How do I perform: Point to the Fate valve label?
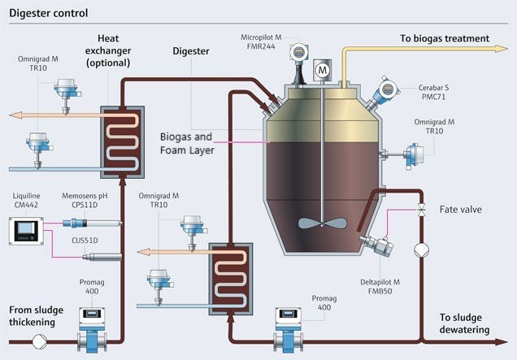coord(460,210)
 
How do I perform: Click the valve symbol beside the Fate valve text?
coord(421,210)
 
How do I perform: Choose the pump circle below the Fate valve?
coord(421,250)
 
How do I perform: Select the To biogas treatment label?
coord(444,38)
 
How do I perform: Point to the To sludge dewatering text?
coord(476,323)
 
